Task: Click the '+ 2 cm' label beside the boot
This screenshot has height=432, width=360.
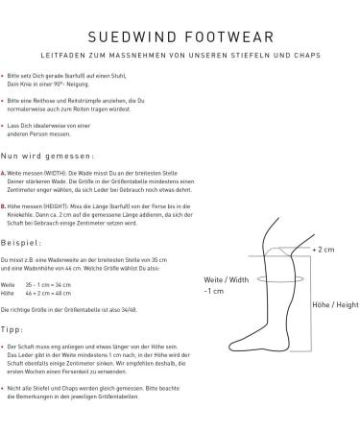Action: click(323, 248)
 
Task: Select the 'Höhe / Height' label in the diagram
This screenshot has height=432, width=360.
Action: click(332, 303)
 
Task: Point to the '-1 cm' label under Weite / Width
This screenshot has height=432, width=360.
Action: click(215, 292)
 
